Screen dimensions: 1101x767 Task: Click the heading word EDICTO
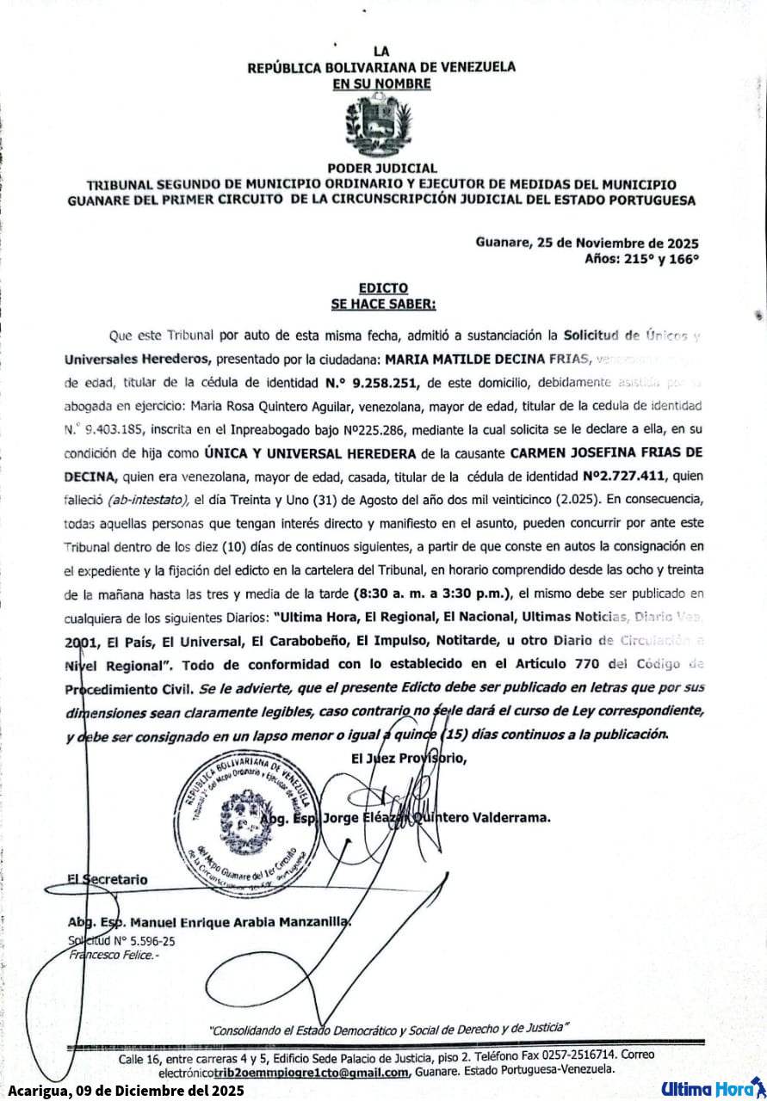383,288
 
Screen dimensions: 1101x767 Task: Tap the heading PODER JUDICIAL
382,168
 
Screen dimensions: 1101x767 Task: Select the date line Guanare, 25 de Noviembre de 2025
586,242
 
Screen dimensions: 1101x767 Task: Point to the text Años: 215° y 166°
641,257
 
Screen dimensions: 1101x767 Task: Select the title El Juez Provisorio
408,758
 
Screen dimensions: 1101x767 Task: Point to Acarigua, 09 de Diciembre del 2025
127,1090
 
